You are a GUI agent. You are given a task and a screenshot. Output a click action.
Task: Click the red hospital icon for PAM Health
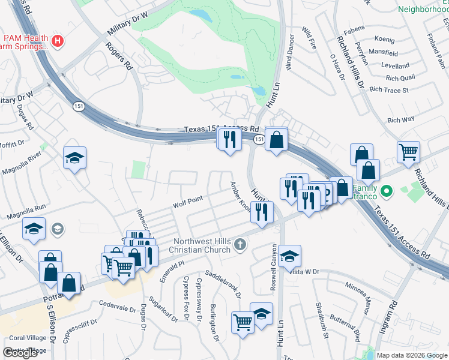click(58, 41)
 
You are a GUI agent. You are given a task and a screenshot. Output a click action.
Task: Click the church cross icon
click(240, 244)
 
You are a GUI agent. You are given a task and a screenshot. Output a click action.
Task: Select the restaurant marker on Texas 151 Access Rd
click(229, 140)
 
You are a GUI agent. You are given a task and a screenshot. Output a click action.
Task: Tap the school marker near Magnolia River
click(74, 158)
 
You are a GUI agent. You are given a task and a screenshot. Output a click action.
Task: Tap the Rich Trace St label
click(389, 90)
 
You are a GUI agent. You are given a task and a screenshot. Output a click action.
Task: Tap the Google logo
click(20, 353)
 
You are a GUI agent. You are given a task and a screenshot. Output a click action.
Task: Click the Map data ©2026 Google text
click(412, 355)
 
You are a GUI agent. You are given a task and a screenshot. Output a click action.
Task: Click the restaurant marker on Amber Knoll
click(261, 212)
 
